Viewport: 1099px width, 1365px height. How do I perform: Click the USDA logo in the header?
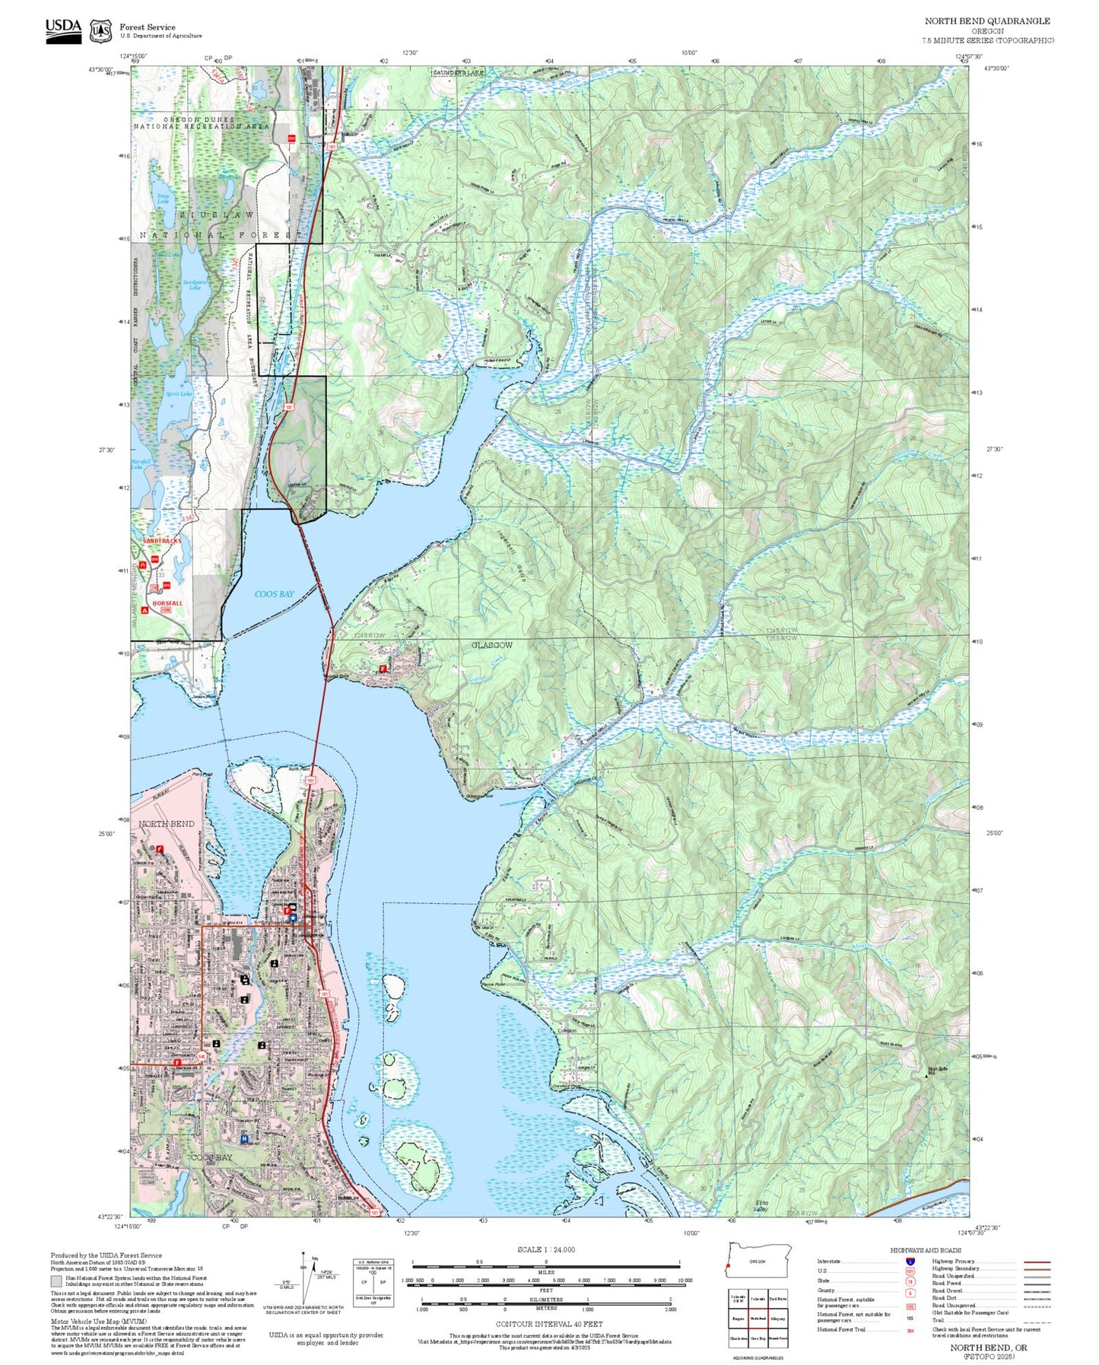click(x=63, y=30)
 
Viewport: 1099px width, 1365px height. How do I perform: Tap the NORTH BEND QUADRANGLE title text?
click(x=987, y=21)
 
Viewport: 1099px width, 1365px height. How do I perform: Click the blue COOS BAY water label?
click(x=274, y=594)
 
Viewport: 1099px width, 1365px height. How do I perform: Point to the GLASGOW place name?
click(x=492, y=645)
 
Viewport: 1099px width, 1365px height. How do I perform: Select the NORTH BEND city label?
click(x=166, y=824)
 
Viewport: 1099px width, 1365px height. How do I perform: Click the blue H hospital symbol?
click(x=244, y=1139)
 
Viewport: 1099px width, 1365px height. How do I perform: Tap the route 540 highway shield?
click(x=202, y=1056)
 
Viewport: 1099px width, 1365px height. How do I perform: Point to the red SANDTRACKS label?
click(x=162, y=540)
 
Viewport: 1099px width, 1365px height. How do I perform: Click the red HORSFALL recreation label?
click(x=167, y=603)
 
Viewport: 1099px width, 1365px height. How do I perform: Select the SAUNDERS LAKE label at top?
click(x=458, y=73)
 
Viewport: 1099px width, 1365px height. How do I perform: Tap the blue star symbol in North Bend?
click(x=293, y=918)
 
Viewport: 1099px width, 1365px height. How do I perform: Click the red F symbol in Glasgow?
click(x=383, y=670)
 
